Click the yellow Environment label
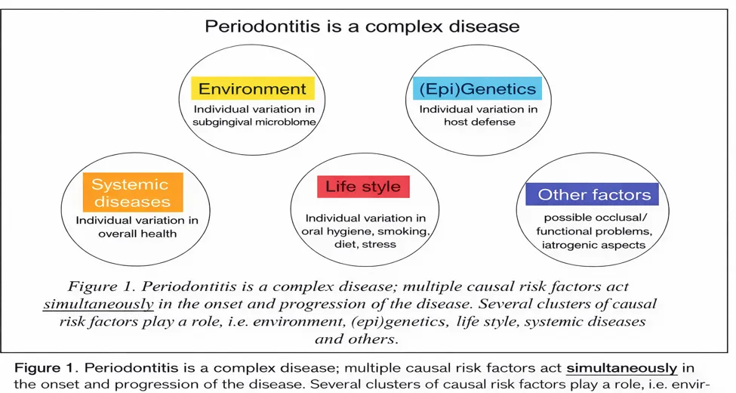tap(253, 88)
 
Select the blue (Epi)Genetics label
tap(477, 88)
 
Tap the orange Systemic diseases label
tap(133, 192)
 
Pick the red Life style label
tap(363, 187)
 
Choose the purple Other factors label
tap(592, 194)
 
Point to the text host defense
tap(479, 122)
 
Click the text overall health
tap(137, 234)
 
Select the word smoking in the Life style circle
tap(403, 231)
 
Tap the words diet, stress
tap(365, 244)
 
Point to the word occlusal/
tap(621, 218)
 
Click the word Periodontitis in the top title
tap(261, 26)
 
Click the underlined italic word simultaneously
tap(99, 304)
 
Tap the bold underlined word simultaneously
tap(622, 367)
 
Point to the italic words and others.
tap(357, 339)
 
